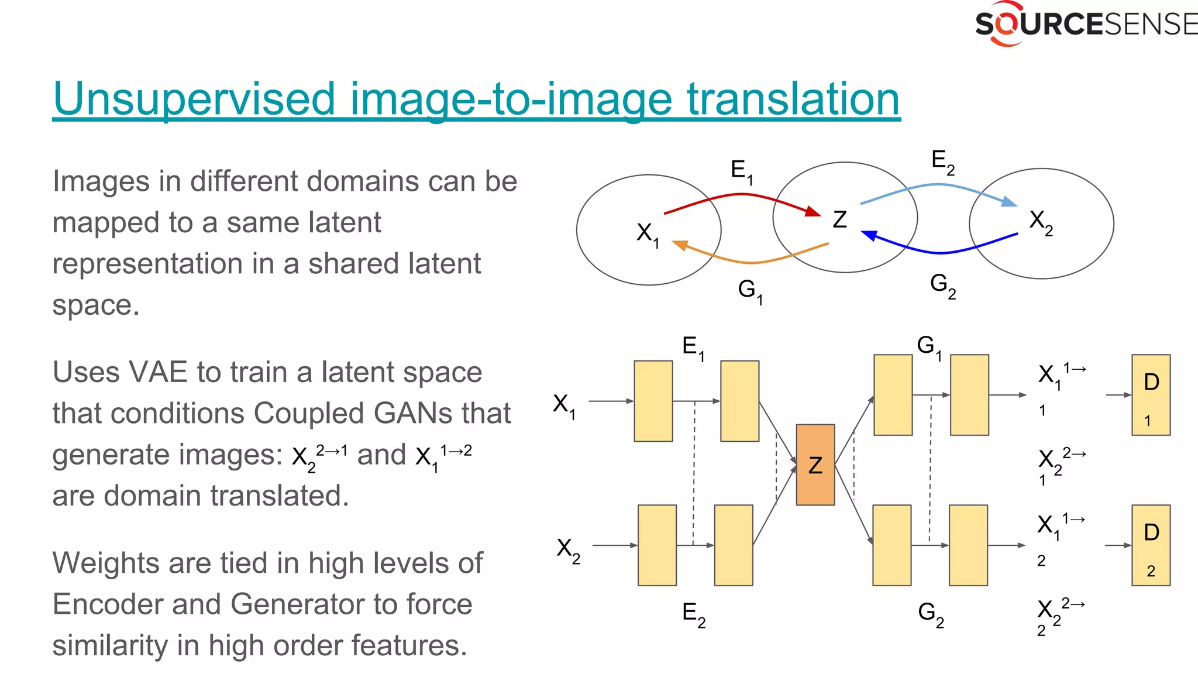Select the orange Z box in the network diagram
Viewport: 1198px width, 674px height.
point(815,465)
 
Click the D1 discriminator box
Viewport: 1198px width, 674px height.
point(1151,395)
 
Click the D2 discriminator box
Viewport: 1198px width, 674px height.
point(1151,545)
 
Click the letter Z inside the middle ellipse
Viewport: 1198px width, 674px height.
point(839,220)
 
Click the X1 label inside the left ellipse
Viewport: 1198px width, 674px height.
point(647,233)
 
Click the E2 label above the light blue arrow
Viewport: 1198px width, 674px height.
point(942,161)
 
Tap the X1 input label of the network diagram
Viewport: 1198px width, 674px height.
point(563,405)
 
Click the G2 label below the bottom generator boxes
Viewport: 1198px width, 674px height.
point(930,614)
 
